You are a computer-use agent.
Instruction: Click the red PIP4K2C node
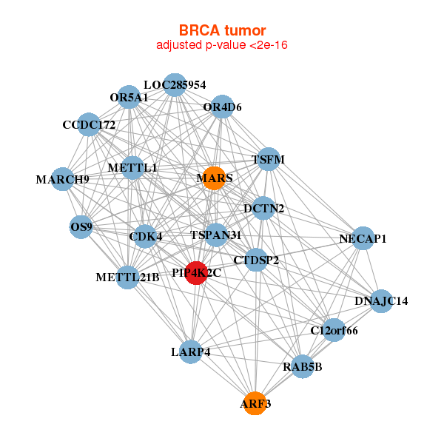(196, 273)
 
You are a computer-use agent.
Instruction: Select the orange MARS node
(214, 178)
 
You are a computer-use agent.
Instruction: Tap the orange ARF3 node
(255, 403)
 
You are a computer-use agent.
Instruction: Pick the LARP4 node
(191, 352)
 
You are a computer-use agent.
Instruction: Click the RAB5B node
(303, 366)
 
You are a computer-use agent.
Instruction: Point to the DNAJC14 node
(381, 301)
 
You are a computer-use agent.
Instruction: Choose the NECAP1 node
(363, 238)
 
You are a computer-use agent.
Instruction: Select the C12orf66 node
(334, 330)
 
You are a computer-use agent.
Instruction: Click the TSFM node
(269, 159)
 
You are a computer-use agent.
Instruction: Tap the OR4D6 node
(222, 107)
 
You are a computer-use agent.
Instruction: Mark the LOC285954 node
(175, 85)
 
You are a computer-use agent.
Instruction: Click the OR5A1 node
(129, 97)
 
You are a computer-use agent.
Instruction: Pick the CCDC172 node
(89, 124)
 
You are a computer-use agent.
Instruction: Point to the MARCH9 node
(63, 179)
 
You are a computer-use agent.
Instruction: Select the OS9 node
(81, 227)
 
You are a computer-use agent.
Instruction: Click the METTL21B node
(128, 277)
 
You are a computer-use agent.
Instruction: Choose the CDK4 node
(145, 236)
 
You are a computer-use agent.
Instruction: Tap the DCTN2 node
(263, 209)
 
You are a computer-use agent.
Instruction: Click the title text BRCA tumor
(222, 30)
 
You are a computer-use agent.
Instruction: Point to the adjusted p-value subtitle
(222, 45)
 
